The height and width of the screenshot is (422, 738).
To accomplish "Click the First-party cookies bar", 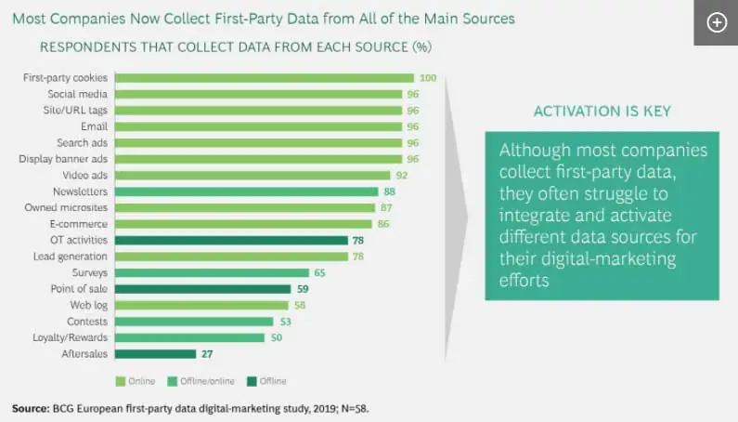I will click(264, 78).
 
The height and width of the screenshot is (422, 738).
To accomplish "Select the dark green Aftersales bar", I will click(155, 354).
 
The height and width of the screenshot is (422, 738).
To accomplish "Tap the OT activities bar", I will click(231, 240).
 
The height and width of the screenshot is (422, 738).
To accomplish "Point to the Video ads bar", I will click(252, 175).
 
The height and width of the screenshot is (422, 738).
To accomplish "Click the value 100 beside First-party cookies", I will click(428, 78).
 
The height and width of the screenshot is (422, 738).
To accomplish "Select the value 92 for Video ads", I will click(402, 175).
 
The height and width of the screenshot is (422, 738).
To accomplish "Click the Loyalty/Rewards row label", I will click(71, 337).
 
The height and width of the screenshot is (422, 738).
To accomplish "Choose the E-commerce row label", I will click(80, 224).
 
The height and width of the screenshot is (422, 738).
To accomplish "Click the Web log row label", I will click(88, 305).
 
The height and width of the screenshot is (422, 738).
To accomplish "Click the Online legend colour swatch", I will click(119, 381).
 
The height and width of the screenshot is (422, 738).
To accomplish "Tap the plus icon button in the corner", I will click(717, 23).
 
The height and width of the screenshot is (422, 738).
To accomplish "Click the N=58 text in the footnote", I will click(359, 408).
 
